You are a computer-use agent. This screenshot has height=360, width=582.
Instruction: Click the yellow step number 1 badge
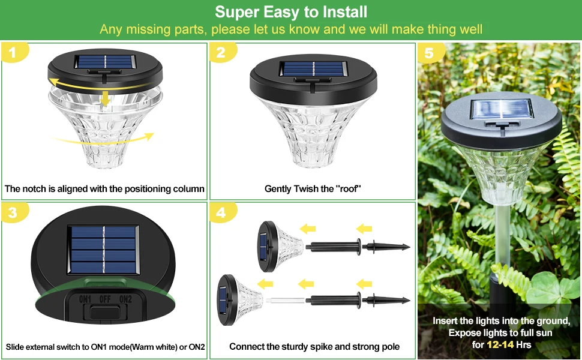point(14,52)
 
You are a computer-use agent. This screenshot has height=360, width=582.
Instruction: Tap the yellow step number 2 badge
point(223,52)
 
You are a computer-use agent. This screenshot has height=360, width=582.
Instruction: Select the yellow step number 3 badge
point(14,212)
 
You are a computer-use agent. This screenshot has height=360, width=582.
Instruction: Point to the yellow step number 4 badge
point(223,212)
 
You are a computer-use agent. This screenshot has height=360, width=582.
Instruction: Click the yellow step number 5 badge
point(431,52)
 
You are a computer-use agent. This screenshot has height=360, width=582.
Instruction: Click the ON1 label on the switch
point(85,299)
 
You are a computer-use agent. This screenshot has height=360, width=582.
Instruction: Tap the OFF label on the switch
point(105,299)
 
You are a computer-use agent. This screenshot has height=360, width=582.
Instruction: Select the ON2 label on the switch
point(125,299)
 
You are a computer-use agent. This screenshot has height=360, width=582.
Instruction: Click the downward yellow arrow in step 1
point(106,98)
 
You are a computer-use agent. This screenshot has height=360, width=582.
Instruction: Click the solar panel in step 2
point(314,69)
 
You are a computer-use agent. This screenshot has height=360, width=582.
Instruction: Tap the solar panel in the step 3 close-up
point(104,250)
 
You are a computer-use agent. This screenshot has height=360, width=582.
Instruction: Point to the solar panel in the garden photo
point(502,109)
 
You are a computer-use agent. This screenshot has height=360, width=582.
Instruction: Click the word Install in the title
point(345,12)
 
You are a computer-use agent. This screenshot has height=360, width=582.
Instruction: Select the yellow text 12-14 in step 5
point(500,345)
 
